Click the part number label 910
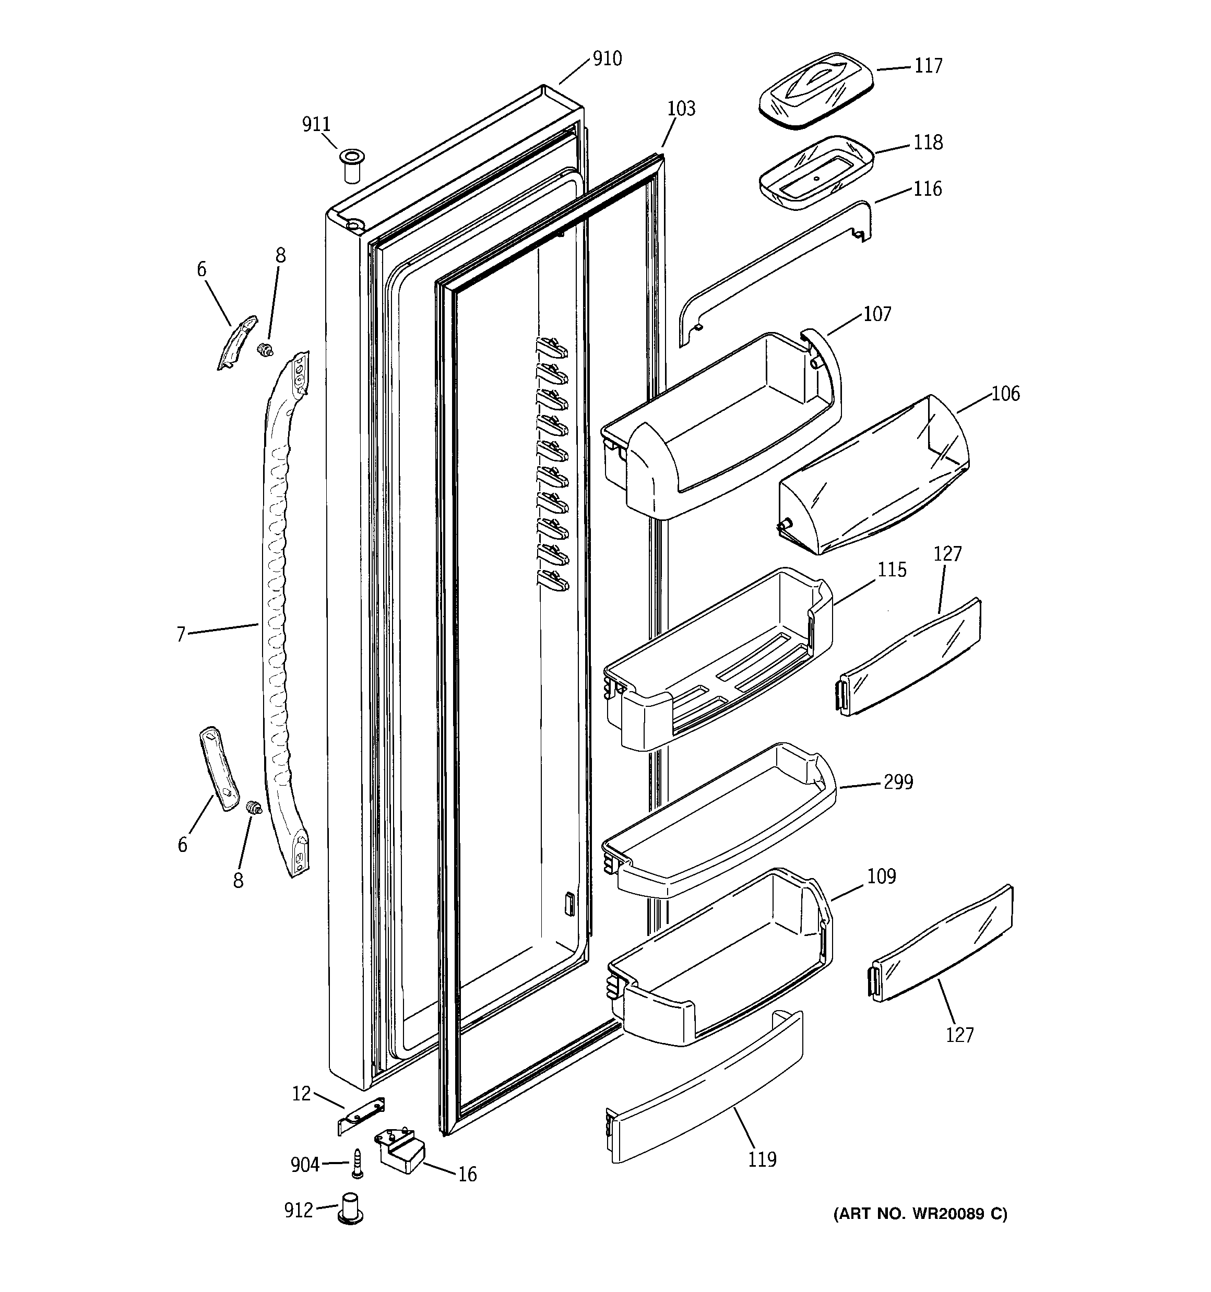(607, 59)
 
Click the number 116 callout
(927, 189)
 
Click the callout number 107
(877, 315)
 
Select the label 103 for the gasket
(681, 109)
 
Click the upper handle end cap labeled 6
(236, 342)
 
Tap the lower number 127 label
(959, 1035)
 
